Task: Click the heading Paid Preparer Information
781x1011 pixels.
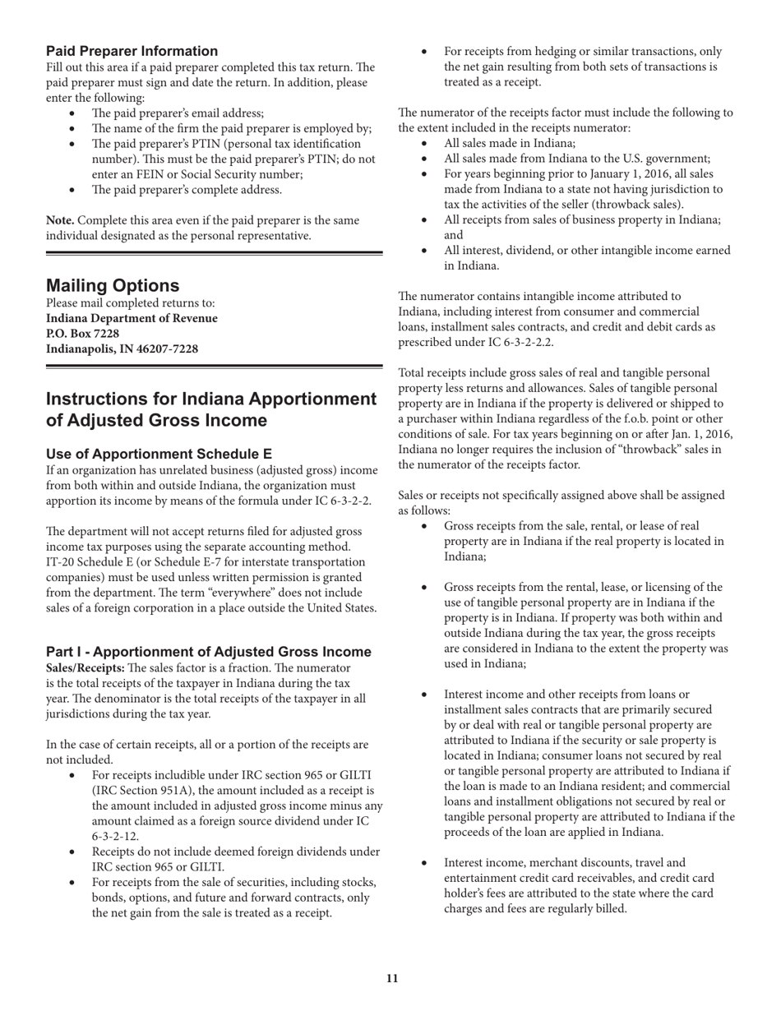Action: point(132,51)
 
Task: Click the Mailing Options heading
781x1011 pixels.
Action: point(113,285)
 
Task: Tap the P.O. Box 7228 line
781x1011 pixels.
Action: point(82,334)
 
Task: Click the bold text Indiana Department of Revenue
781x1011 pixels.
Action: point(132,318)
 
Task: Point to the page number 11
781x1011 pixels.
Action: point(391,978)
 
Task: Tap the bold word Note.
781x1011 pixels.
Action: point(60,220)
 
